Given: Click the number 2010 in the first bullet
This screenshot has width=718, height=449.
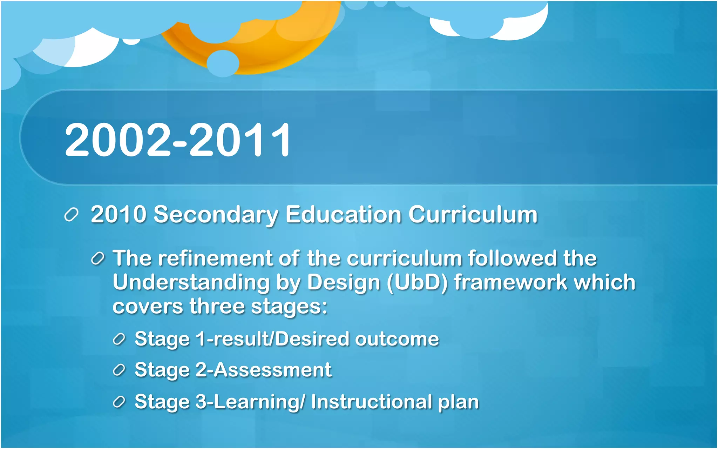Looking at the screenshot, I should pyautogui.click(x=118, y=214).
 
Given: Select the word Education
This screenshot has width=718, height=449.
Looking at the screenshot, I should pyautogui.click(x=343, y=214).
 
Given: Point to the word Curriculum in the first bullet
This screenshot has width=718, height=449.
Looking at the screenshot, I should pyautogui.click(x=473, y=214).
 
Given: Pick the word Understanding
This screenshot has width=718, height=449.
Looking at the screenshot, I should pyautogui.click(x=191, y=283).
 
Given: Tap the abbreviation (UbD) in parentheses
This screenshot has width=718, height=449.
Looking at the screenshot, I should pyautogui.click(x=417, y=283).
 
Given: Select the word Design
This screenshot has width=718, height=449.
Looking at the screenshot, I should pyautogui.click(x=344, y=283).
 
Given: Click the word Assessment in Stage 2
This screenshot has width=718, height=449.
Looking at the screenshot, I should pyautogui.click(x=272, y=370).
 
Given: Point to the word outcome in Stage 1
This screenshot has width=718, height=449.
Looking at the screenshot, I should pyautogui.click(x=397, y=339).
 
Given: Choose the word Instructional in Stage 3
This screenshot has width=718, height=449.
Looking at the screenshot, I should pyautogui.click(x=371, y=402).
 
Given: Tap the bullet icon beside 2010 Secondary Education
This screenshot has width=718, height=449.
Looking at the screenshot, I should pyautogui.click(x=71, y=215).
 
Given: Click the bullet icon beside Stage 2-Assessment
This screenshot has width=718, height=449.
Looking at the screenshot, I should pyautogui.click(x=119, y=370).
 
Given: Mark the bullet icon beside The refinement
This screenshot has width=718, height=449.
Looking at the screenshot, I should pyautogui.click(x=97, y=259).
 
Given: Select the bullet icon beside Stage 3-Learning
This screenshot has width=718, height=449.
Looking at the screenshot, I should pyautogui.click(x=119, y=402).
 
